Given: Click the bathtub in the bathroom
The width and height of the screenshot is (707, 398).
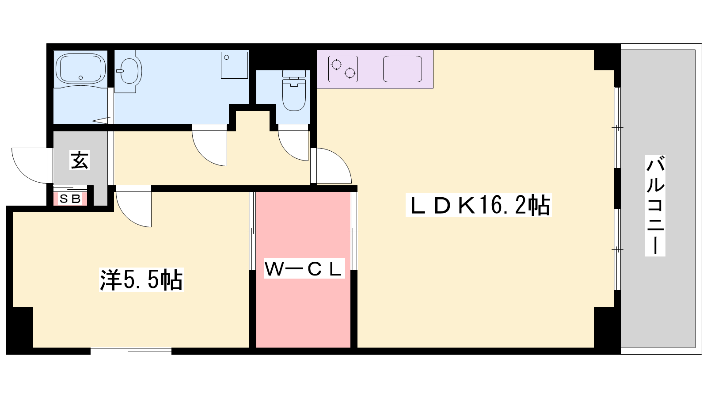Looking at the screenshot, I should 80,69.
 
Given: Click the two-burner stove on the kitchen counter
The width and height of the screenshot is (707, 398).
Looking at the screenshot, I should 343,69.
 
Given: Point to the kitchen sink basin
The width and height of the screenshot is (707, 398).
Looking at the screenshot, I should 402,69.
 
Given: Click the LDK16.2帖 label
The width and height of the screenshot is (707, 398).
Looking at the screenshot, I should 479,205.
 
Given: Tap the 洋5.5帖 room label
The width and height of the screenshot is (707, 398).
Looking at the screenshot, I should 141,279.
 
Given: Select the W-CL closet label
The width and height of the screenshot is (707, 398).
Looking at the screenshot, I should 303,268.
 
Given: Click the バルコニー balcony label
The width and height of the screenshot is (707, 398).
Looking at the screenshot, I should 655,205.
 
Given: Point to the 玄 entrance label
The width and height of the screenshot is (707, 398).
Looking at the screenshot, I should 80,160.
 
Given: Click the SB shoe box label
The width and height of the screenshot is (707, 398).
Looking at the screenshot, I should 70,199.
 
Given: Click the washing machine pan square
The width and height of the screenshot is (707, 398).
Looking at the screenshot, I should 234,65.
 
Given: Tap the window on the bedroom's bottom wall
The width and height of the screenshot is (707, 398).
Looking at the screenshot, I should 131,351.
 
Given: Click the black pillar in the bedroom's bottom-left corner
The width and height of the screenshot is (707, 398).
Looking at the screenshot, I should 20,329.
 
